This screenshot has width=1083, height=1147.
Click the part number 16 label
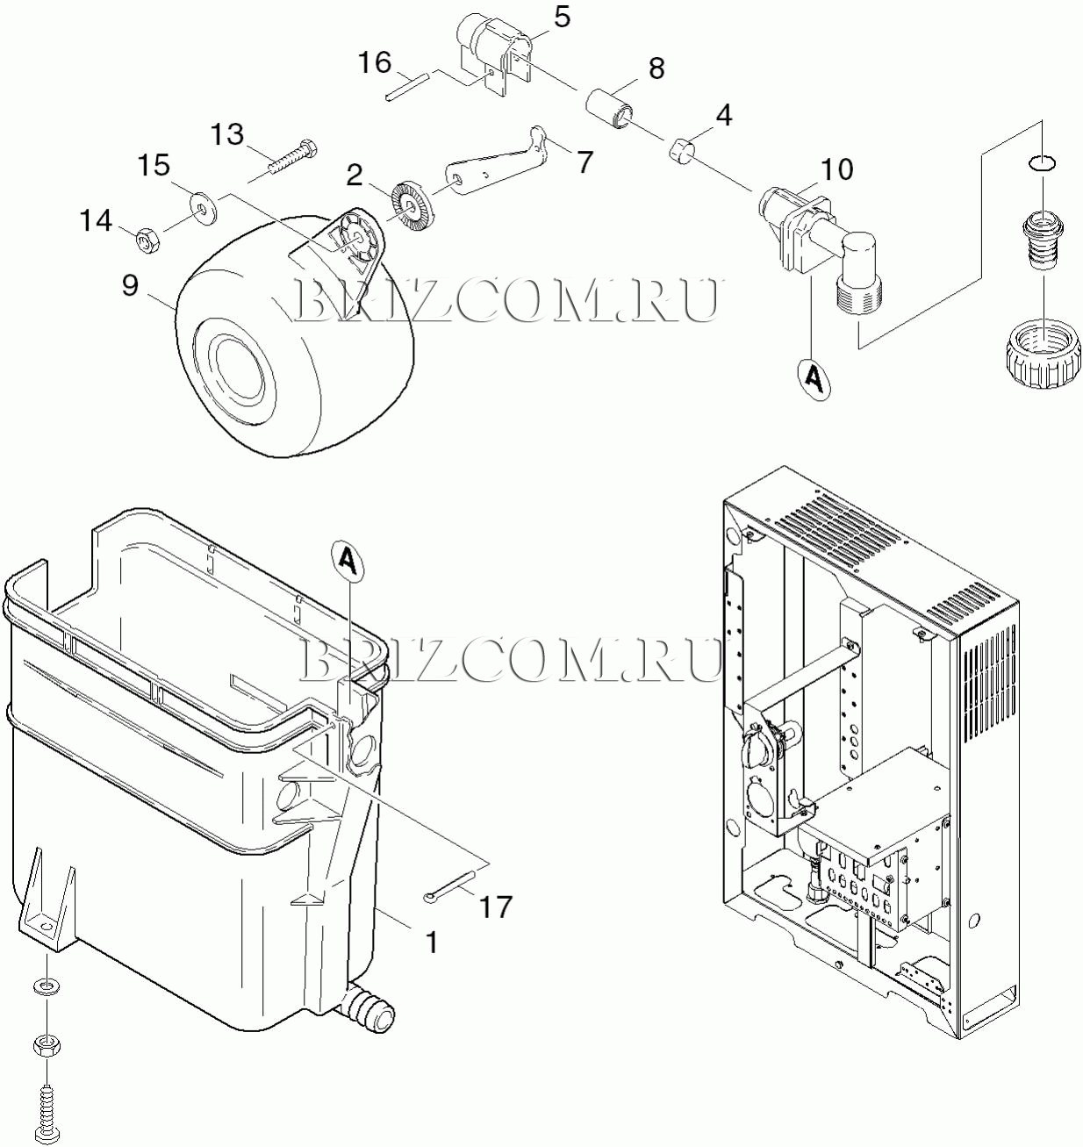[x=375, y=62]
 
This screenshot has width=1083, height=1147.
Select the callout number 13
[x=227, y=134]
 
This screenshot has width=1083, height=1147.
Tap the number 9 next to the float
[x=130, y=285]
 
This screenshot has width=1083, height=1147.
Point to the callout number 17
[x=496, y=907]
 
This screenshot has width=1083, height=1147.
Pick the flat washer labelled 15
[x=203, y=207]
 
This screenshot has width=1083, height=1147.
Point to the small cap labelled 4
[x=682, y=151]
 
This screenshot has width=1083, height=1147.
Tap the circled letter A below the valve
[x=814, y=377]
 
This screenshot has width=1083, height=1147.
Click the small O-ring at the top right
[x=1043, y=163]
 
